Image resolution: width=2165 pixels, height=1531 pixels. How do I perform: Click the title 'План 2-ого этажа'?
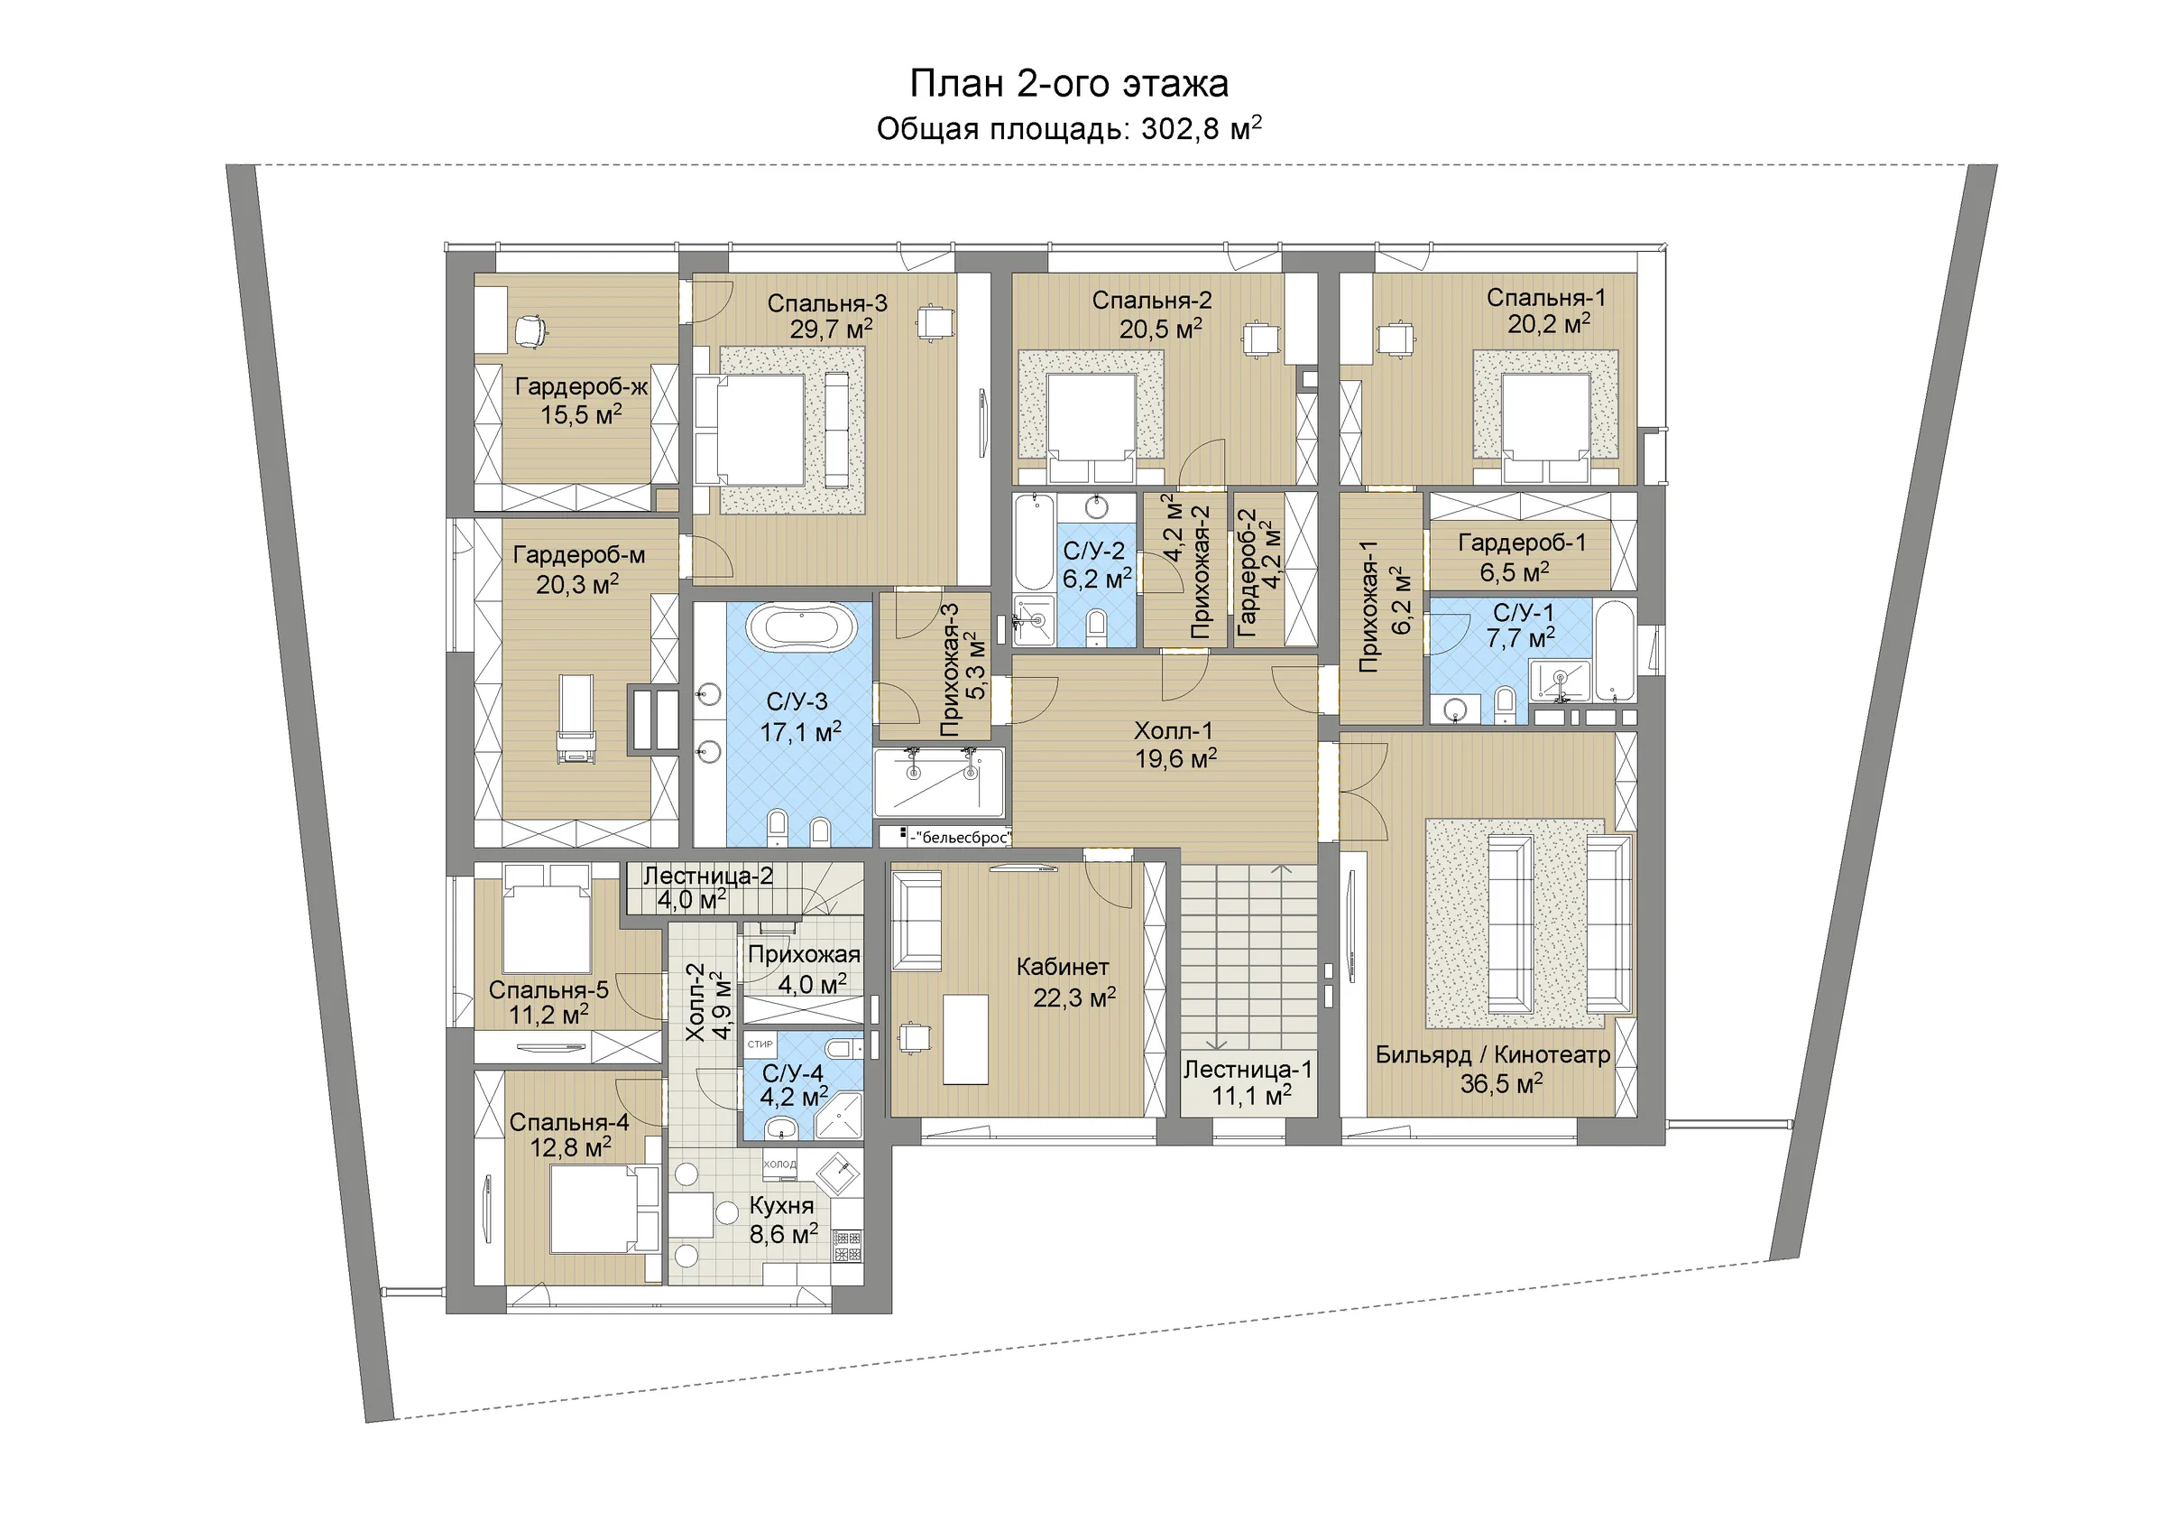point(1068,84)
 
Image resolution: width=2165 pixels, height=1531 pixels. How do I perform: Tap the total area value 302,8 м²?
point(1201,128)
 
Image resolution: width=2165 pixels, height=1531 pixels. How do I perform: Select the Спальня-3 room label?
point(827,302)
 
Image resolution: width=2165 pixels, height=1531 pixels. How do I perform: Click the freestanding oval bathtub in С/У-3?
point(802,627)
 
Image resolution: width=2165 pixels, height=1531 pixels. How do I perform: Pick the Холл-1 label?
point(1173,731)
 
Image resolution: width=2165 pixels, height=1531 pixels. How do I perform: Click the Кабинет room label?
point(1063,966)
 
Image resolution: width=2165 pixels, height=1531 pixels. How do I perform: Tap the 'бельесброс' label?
point(962,837)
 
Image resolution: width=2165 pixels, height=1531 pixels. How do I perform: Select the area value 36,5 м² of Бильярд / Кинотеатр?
point(1501,1084)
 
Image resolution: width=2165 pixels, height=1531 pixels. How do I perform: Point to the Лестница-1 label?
point(1248,1070)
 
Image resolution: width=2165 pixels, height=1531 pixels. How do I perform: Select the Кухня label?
point(782,1205)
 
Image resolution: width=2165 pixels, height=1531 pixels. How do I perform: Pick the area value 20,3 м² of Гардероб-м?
point(577,585)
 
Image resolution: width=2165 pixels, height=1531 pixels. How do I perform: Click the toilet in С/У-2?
point(1097,627)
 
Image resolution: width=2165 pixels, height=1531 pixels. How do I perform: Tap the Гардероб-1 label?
point(1522,543)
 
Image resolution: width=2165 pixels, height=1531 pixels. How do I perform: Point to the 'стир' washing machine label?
point(760,1044)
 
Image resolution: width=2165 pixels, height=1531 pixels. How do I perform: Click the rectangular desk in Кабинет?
point(965,1040)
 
